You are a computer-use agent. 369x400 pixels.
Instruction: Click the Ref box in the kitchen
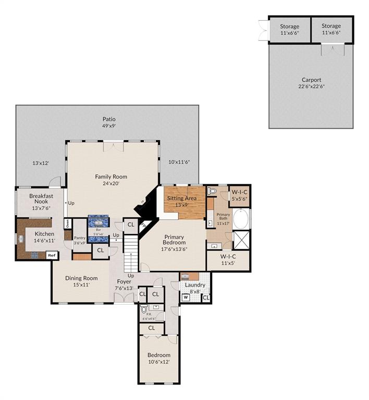(x=52, y=255)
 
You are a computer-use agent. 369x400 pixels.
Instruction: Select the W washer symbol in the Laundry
(x=185, y=297)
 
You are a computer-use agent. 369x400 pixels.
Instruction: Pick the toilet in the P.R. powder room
(x=144, y=309)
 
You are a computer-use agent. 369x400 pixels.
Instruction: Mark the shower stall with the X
(x=241, y=241)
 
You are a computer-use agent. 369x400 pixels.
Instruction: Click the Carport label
(x=311, y=80)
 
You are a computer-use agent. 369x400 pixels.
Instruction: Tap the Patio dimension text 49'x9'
(x=109, y=126)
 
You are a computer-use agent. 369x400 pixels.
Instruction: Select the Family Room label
(x=111, y=177)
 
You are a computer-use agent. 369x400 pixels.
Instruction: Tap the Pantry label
(x=79, y=238)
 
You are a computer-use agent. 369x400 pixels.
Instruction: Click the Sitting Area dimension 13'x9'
(x=181, y=205)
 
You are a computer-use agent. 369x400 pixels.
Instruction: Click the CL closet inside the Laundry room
(x=205, y=297)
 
